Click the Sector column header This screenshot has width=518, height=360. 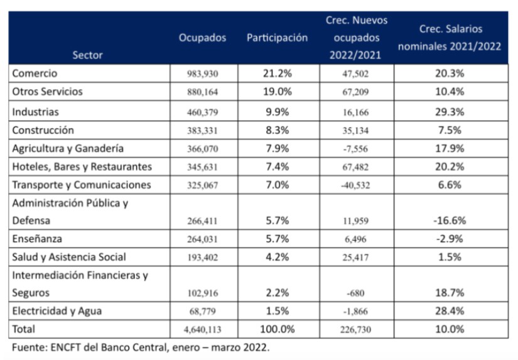coord(87,55)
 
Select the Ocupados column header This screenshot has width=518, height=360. coord(202,38)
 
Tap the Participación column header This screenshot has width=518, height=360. coord(277,38)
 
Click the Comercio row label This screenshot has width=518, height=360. coord(35,73)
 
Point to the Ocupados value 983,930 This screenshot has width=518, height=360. coord(202,74)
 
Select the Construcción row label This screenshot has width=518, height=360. coord(43,130)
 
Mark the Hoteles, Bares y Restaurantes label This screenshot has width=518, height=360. coord(82,167)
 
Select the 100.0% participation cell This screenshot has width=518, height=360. coord(277,329)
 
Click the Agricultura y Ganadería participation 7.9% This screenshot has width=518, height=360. coord(277,149)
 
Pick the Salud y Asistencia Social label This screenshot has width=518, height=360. coord(69,257)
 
